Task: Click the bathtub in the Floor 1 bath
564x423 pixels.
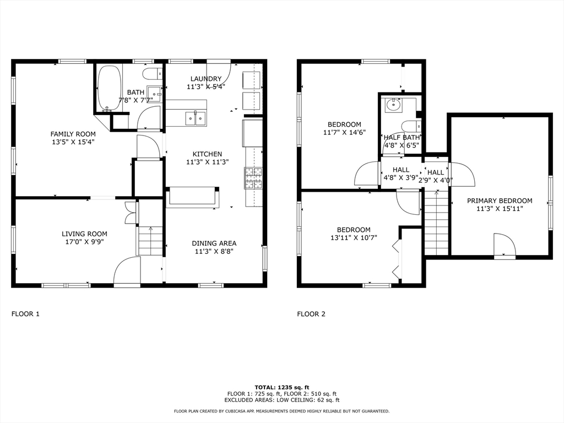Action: [109, 88]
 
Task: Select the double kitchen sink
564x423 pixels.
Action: [196, 117]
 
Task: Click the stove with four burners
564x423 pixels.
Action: [253, 178]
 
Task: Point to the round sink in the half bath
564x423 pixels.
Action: [393, 105]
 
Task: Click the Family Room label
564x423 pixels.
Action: [73, 134]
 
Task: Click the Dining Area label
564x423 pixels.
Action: [214, 243]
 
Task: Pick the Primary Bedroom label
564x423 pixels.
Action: [500, 200]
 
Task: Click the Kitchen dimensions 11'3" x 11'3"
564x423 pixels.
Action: [207, 162]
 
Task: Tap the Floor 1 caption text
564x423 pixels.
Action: [25, 314]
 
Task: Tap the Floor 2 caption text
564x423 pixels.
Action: [311, 314]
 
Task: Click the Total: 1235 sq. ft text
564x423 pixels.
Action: [281, 387]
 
